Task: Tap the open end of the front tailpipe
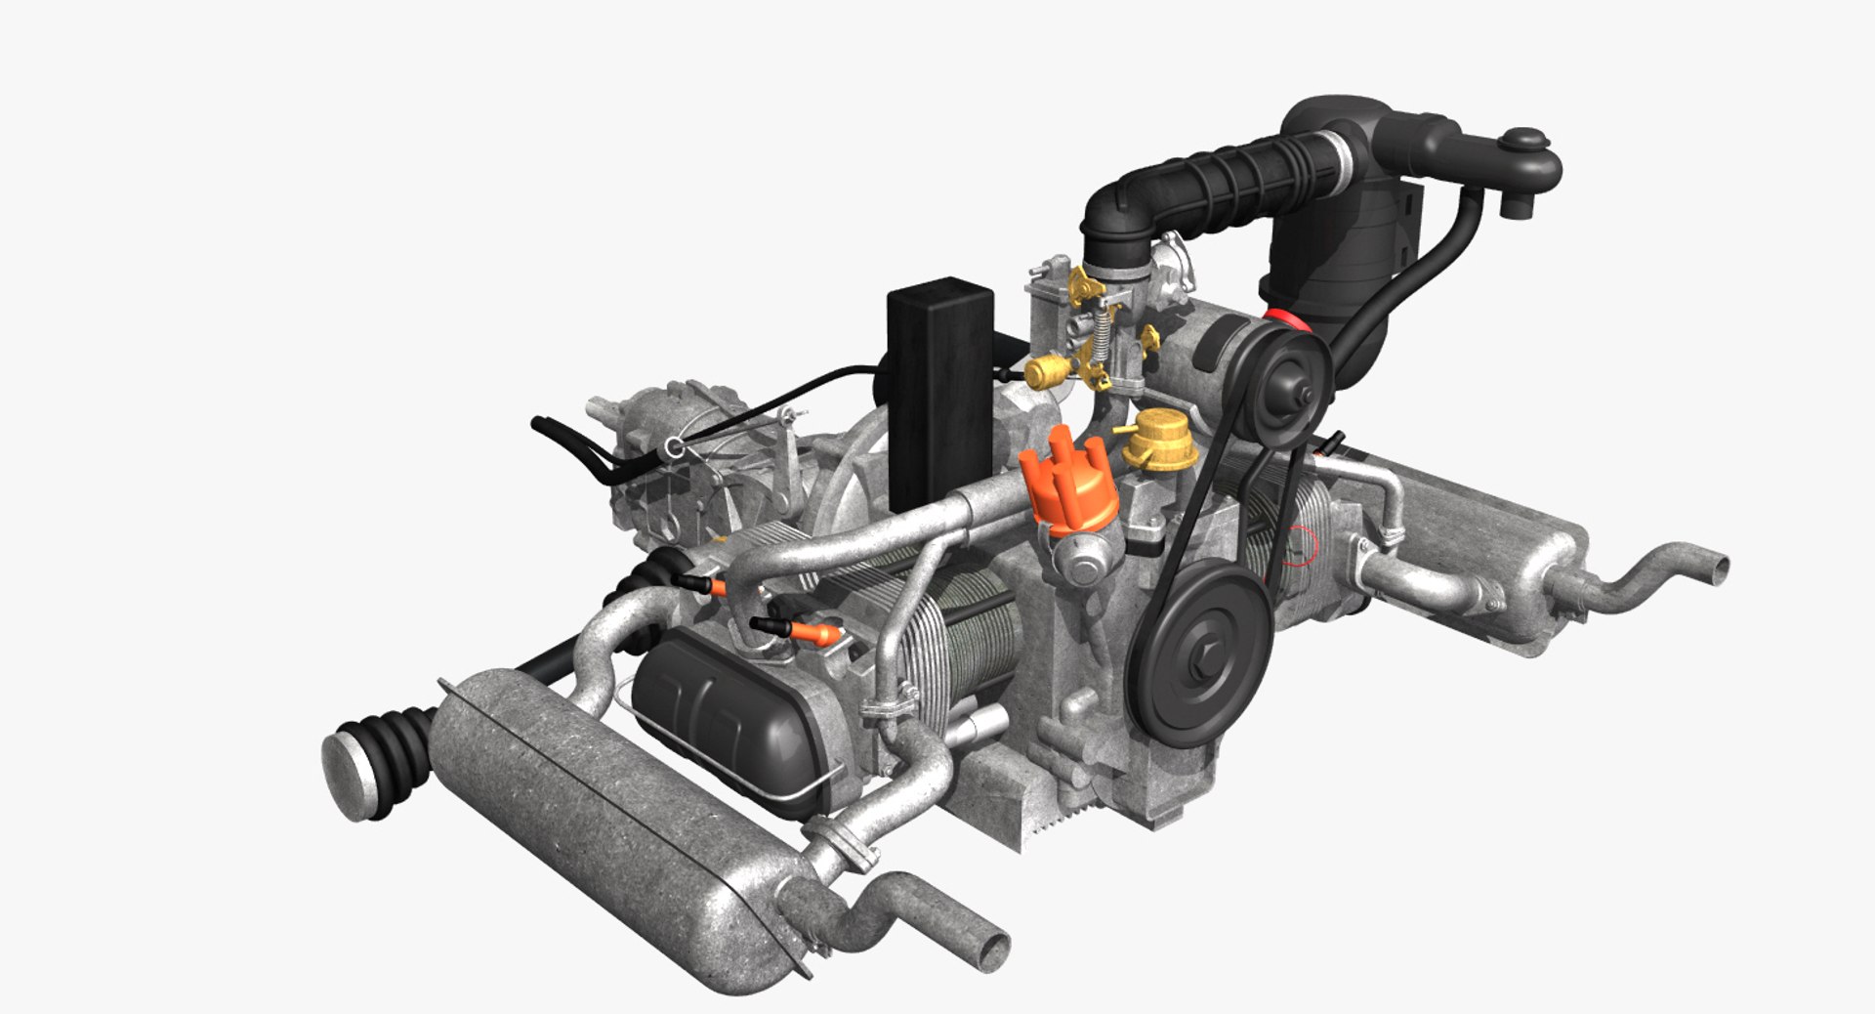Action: tap(994, 949)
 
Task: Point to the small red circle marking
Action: tap(1302, 546)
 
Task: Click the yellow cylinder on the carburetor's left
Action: tap(1043, 370)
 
